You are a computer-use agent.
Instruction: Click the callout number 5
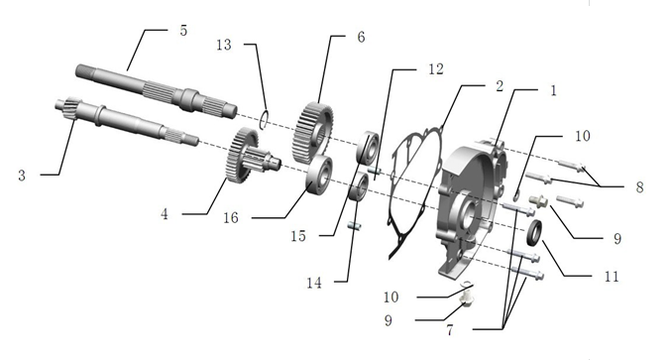click(182, 31)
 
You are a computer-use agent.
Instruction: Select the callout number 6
click(360, 38)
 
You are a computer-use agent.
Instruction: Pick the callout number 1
click(552, 89)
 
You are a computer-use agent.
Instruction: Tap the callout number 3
click(22, 176)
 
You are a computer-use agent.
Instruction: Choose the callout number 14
click(313, 283)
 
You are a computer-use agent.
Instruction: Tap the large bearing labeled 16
click(320, 175)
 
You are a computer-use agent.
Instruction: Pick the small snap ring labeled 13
click(267, 121)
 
